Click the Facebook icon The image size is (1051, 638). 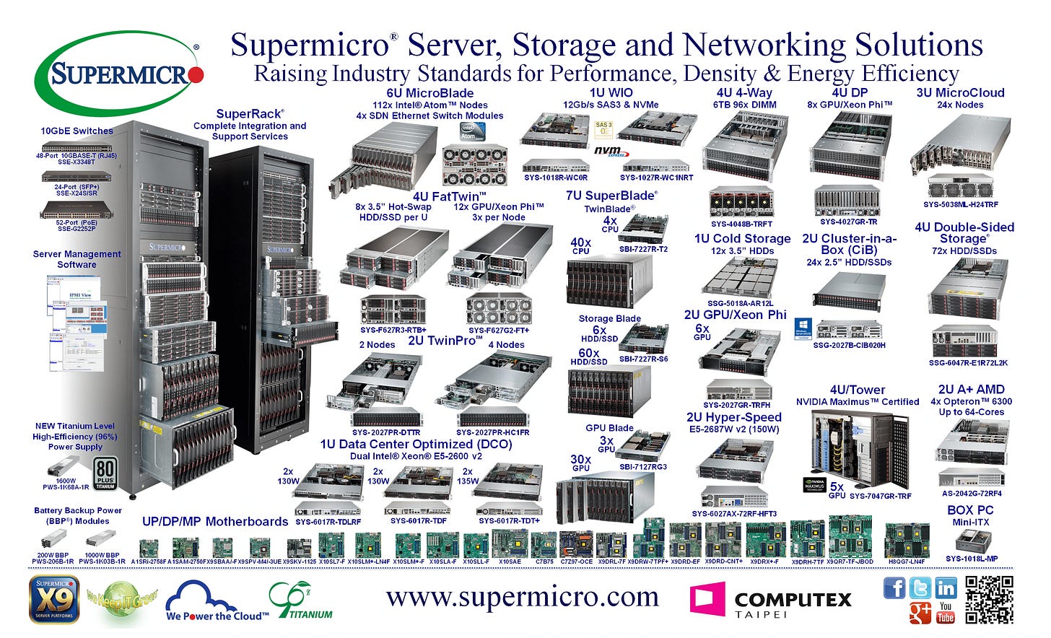(894, 588)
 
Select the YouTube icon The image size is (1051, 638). (946, 612)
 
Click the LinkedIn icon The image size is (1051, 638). (946, 588)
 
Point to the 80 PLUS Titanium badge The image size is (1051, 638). (105, 475)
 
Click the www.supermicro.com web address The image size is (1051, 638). (523, 598)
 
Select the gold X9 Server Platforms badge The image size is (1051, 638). (53, 598)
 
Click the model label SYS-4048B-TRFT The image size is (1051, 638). (741, 224)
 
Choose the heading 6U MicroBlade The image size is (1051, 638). (429, 93)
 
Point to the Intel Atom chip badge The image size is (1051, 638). (472, 131)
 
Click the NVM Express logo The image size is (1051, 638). (609, 151)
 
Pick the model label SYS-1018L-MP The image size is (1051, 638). (972, 558)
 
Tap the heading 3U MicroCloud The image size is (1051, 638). (960, 92)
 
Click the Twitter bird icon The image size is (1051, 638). (920, 588)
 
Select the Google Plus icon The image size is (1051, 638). (920, 612)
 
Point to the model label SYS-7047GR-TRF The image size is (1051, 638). (880, 496)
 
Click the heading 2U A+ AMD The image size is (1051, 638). (971, 390)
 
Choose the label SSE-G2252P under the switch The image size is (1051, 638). (77, 229)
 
